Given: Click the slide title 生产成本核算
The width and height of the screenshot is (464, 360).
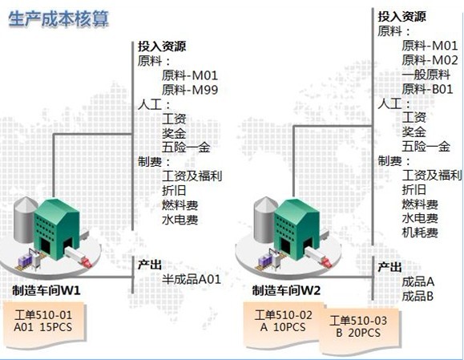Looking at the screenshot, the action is click(x=59, y=19).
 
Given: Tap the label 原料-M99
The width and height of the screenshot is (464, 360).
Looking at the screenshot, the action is click(x=190, y=90).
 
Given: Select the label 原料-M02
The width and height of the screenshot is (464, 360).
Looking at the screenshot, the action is click(x=430, y=60).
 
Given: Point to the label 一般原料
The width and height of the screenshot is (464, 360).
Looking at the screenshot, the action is click(x=426, y=75).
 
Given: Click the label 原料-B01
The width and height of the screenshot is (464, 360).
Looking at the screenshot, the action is click(x=427, y=89).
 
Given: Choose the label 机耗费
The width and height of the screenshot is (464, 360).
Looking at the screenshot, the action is click(x=420, y=233).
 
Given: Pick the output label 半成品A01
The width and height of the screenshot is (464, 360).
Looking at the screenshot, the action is click(x=192, y=279).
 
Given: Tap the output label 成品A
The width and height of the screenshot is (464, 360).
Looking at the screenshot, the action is click(x=418, y=281).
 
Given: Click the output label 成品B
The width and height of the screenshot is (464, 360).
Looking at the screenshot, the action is click(x=418, y=296).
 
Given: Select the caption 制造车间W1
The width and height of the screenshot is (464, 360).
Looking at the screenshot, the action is click(x=46, y=290).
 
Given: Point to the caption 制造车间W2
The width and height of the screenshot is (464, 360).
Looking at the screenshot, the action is click(x=286, y=290).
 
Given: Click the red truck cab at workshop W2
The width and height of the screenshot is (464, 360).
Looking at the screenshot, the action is click(x=326, y=261).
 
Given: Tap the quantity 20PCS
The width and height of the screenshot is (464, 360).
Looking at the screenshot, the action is click(x=365, y=333).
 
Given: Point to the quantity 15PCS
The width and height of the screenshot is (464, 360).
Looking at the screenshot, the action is click(x=56, y=327).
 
